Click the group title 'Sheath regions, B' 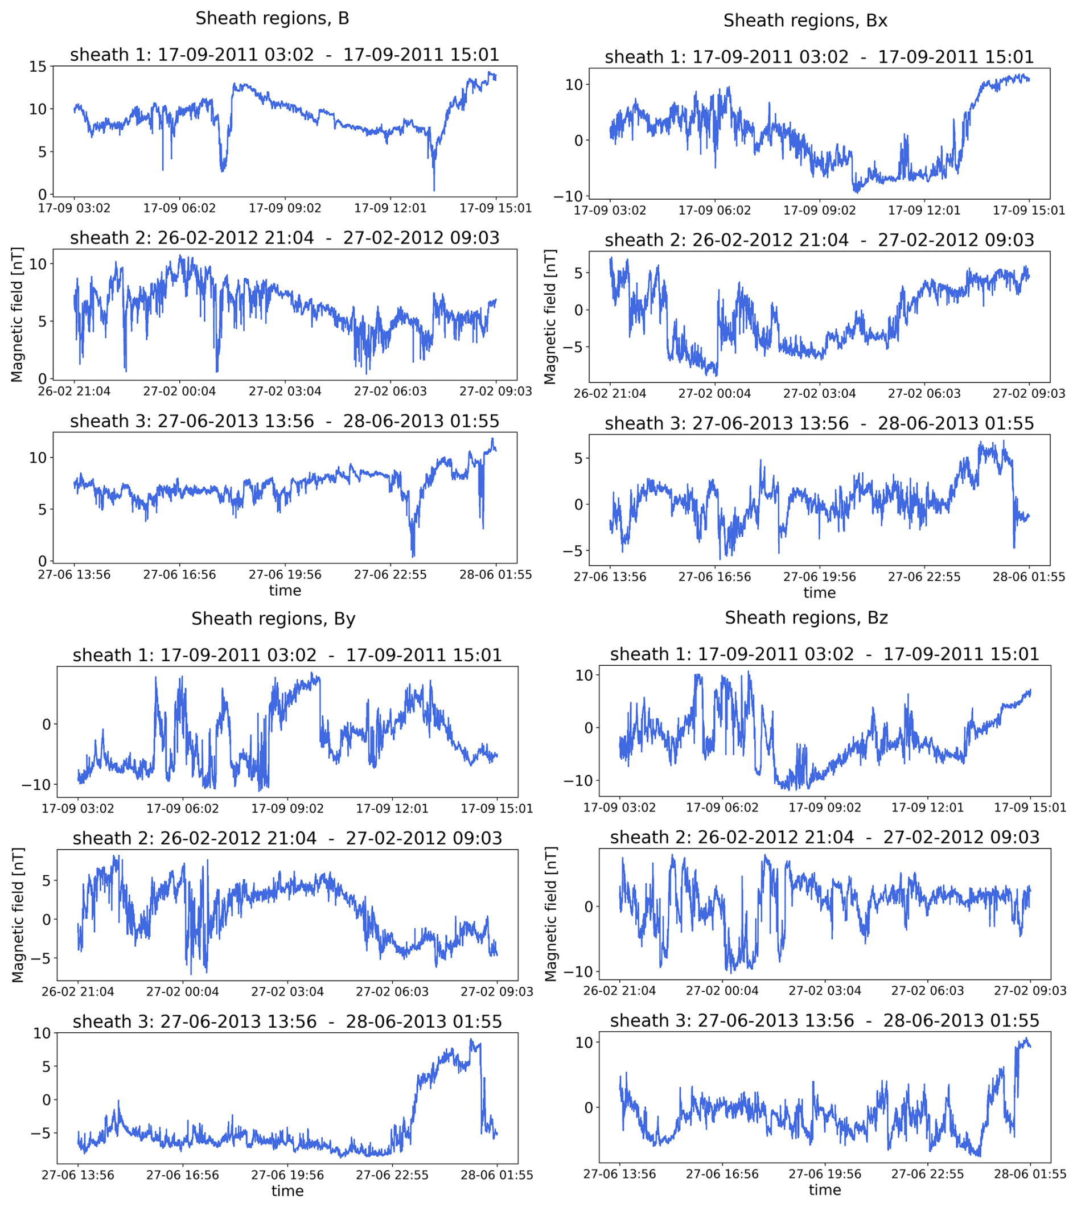pos(272,18)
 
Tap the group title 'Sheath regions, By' pos(273,619)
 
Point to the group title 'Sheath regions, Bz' pos(806,617)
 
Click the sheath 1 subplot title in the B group pos(285,55)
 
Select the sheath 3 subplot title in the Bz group pos(824,1020)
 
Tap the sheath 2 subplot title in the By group pos(287,838)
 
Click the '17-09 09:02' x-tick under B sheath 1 pos(285,208)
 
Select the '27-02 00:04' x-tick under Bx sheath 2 pos(714,393)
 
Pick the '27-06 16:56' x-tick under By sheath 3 pos(182,1175)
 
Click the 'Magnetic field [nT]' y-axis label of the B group pos(17,315)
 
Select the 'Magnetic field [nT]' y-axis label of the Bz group pos(550,914)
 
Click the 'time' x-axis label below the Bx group pos(819,592)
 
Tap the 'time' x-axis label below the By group pos(287,1191)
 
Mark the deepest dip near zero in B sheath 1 pos(434,190)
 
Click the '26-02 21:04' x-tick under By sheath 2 pos(77,992)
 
